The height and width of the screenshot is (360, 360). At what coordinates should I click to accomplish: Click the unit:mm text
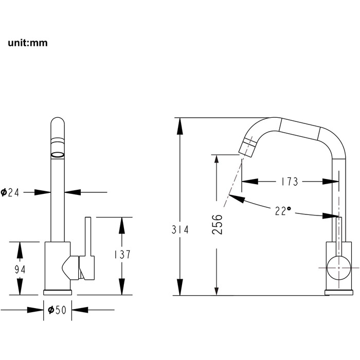(x=28, y=43)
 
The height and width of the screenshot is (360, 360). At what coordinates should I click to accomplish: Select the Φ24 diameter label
(x=10, y=192)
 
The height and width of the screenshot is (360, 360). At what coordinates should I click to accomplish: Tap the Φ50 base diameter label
(x=57, y=310)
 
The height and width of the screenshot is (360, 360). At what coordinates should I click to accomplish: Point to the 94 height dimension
(x=20, y=269)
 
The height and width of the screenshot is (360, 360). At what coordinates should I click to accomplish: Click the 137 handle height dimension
(x=122, y=255)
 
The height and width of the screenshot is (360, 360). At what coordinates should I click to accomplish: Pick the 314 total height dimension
(x=180, y=229)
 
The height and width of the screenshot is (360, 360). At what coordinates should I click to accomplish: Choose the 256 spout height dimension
(x=217, y=224)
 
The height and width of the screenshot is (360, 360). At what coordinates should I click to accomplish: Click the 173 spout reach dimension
(x=290, y=182)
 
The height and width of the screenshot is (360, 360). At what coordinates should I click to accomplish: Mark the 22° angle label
(x=283, y=210)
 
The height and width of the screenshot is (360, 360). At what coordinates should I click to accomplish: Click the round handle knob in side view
(x=338, y=268)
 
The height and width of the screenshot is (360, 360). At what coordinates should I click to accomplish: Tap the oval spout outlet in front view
(x=58, y=155)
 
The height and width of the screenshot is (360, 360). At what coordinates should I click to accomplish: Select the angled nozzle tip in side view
(x=247, y=147)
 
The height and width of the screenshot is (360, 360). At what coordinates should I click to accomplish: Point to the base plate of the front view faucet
(x=58, y=293)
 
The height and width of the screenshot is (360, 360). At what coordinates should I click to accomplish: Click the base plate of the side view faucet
(x=338, y=293)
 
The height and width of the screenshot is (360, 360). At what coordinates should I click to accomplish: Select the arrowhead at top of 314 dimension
(x=180, y=126)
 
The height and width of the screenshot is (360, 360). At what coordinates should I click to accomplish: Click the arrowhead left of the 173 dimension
(x=250, y=182)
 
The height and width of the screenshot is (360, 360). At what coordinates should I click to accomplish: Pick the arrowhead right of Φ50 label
(x=80, y=310)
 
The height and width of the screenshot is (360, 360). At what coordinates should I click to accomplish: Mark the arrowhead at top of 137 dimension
(x=122, y=225)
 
